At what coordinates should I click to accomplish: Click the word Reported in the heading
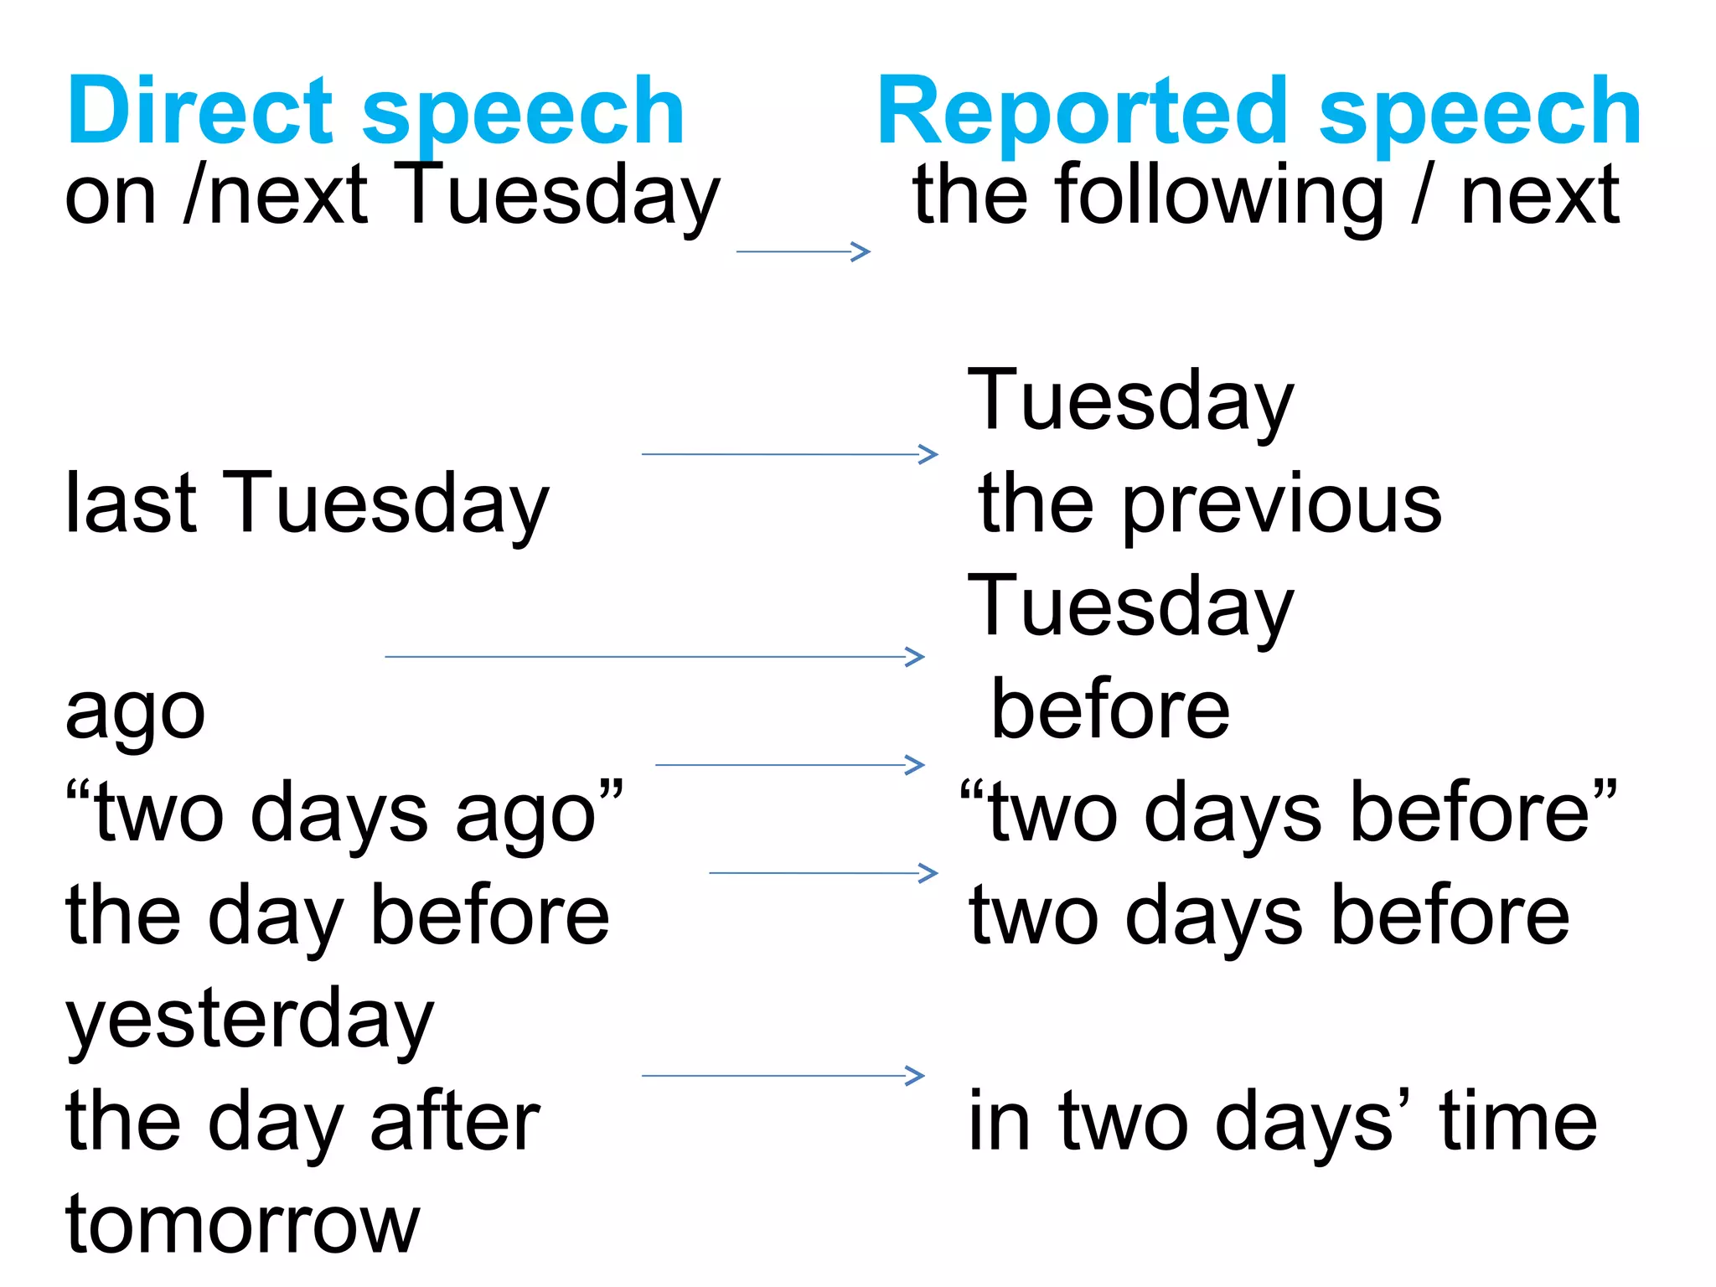[1082, 111]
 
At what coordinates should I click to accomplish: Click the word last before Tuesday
[131, 503]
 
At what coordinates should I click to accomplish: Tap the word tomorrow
[242, 1224]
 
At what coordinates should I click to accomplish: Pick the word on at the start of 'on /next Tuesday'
[111, 198]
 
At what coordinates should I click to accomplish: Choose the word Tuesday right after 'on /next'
[556, 198]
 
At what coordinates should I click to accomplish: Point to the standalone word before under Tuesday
[1110, 711]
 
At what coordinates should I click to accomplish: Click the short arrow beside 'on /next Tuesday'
[803, 251]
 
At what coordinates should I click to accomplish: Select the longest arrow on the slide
[654, 657]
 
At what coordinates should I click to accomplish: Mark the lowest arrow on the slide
[783, 1076]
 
